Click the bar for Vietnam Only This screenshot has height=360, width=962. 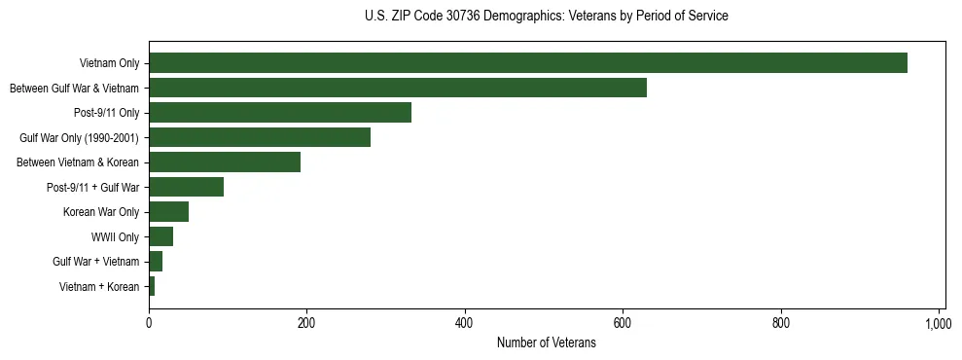point(528,63)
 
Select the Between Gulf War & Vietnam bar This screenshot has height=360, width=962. point(398,88)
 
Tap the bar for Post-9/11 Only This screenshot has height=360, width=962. point(280,113)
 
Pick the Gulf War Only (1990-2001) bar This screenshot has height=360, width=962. point(260,137)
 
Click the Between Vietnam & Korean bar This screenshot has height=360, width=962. point(225,162)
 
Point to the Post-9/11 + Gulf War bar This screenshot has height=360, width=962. point(186,187)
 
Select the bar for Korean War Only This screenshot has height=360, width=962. point(168,212)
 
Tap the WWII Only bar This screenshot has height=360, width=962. point(160,236)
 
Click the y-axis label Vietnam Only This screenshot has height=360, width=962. point(109,64)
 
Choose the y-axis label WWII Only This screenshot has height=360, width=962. point(116,237)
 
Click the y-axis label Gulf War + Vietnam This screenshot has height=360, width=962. point(96,262)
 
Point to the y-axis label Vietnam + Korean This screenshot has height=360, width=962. point(99,287)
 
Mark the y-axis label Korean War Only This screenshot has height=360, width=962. point(101,212)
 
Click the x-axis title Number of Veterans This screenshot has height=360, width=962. point(546,342)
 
